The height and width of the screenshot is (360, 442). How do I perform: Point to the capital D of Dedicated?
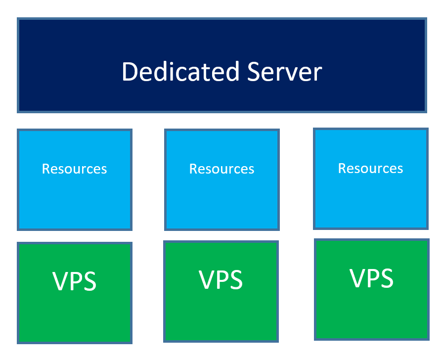click(x=130, y=72)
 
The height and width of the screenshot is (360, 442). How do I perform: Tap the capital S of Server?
click(x=256, y=72)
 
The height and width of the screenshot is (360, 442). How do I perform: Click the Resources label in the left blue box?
click(x=74, y=169)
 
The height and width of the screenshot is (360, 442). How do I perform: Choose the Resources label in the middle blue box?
click(x=221, y=169)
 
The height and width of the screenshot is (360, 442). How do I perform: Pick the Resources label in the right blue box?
click(x=370, y=169)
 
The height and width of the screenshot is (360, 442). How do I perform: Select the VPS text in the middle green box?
click(x=221, y=280)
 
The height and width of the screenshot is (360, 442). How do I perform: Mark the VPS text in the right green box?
click(x=372, y=278)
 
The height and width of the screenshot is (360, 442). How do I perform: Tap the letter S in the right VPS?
click(x=386, y=278)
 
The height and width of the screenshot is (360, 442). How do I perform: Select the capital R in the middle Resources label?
click(x=193, y=169)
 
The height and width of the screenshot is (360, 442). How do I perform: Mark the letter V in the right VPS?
click(x=358, y=278)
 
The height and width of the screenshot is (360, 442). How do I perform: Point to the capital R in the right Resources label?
click(x=342, y=169)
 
